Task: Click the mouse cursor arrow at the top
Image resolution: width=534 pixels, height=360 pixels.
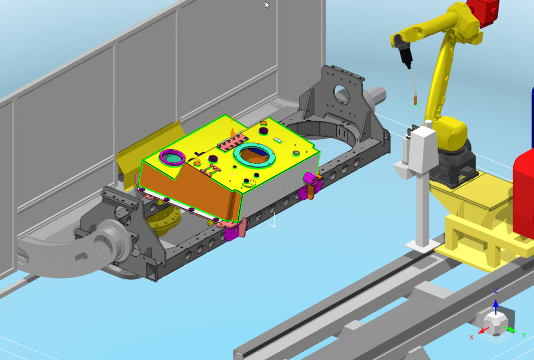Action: point(267,5)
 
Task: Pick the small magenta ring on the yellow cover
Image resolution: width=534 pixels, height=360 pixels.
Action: point(172,158)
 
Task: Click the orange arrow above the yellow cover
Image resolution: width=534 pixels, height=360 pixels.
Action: point(233,133)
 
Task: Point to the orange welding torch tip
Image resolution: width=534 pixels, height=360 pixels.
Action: point(416,101)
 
